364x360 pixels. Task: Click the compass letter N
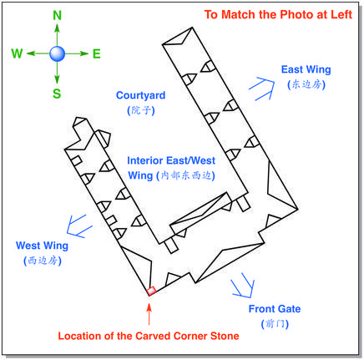pos(57,15)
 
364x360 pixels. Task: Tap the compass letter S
pos(57,94)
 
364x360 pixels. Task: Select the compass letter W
pos(17,53)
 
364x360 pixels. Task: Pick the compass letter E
pos(96,53)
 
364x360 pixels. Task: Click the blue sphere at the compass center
pos(57,53)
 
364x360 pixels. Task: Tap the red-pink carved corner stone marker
pos(151,291)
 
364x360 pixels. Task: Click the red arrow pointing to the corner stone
pos(149,314)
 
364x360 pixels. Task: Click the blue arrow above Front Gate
pos(243,285)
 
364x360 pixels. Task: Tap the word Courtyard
pos(140,95)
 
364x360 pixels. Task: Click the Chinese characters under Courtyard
pos(141,110)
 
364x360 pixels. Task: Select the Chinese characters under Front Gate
pos(275,324)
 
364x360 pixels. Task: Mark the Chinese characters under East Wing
pos(306,84)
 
